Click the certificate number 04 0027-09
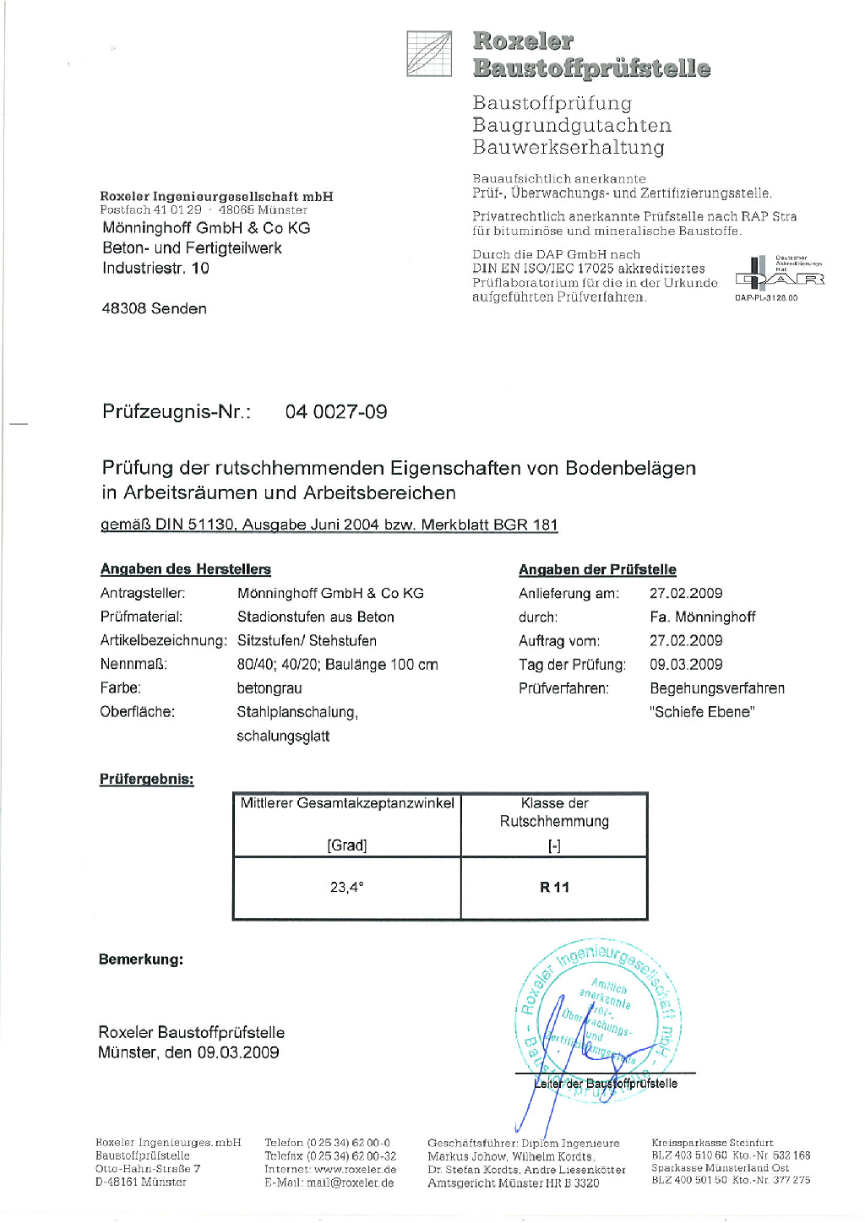coord(336,412)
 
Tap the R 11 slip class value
coord(554,887)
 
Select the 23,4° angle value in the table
coord(346,887)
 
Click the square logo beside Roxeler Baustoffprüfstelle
coord(429,54)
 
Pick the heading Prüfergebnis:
coord(146,779)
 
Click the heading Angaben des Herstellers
coord(186,569)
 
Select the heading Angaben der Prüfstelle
coord(597,569)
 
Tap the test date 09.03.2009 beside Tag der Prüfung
coord(686,665)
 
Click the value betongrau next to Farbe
coord(269,688)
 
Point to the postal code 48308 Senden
coord(154,309)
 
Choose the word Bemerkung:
coord(141,959)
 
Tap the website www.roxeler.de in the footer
coord(355,1170)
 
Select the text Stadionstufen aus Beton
coord(315,617)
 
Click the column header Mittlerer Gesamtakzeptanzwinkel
coord(347,803)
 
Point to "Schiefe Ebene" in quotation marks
coord(702,712)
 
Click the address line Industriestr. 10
coord(155,269)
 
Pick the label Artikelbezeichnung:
coord(163,641)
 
